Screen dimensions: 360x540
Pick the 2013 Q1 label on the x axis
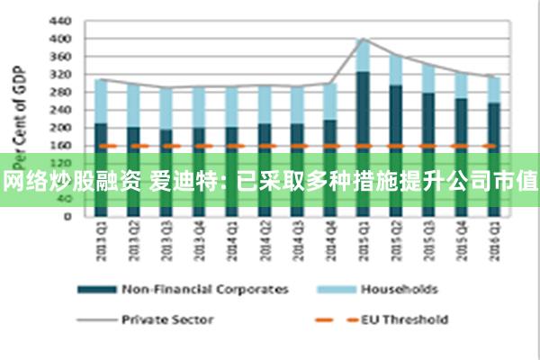101,242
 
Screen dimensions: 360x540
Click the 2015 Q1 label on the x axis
363,242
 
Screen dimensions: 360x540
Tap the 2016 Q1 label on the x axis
493,242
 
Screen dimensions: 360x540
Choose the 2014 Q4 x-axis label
329,242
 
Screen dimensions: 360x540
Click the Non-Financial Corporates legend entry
205,289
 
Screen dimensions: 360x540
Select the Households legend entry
399,289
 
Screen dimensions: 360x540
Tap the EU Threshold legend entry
404,318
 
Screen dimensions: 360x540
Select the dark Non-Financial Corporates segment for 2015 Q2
395,117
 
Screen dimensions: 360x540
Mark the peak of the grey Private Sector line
363,39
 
